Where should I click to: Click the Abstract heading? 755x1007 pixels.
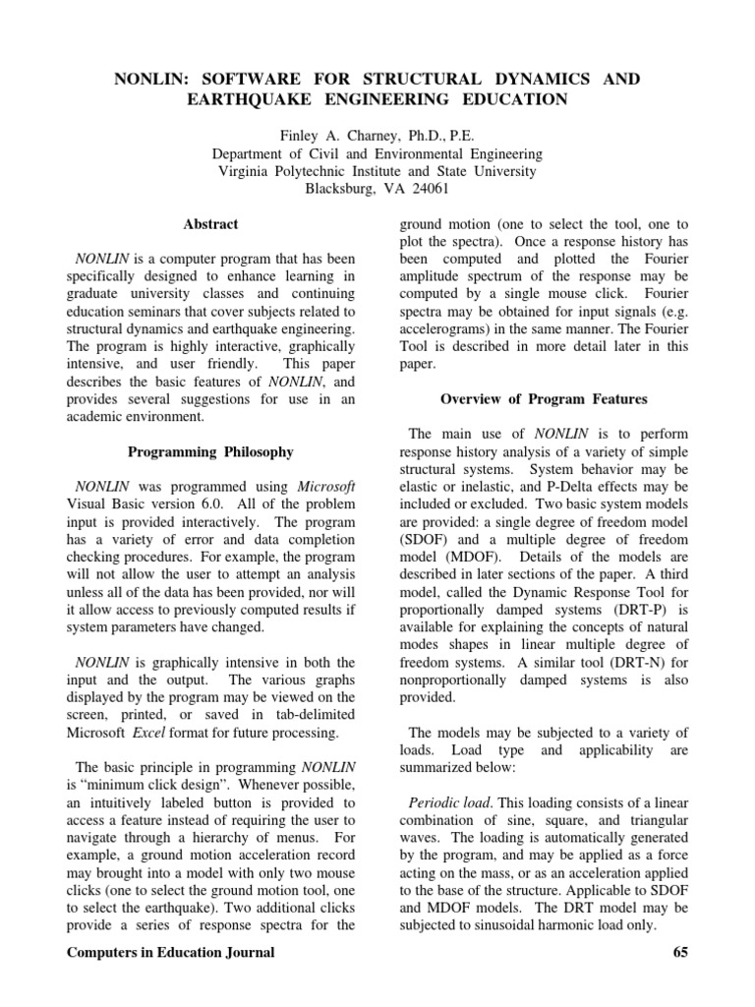coord(210,224)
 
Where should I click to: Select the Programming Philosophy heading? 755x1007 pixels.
coord(210,451)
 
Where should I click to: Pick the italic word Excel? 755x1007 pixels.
coord(151,734)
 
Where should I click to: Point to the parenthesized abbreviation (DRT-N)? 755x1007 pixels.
coord(571,662)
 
